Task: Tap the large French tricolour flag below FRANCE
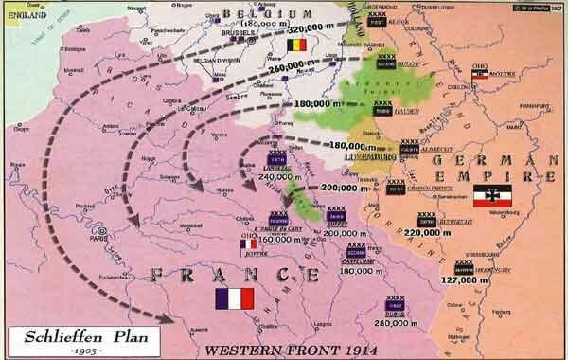point(235,298)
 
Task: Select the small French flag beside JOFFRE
point(248,244)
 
